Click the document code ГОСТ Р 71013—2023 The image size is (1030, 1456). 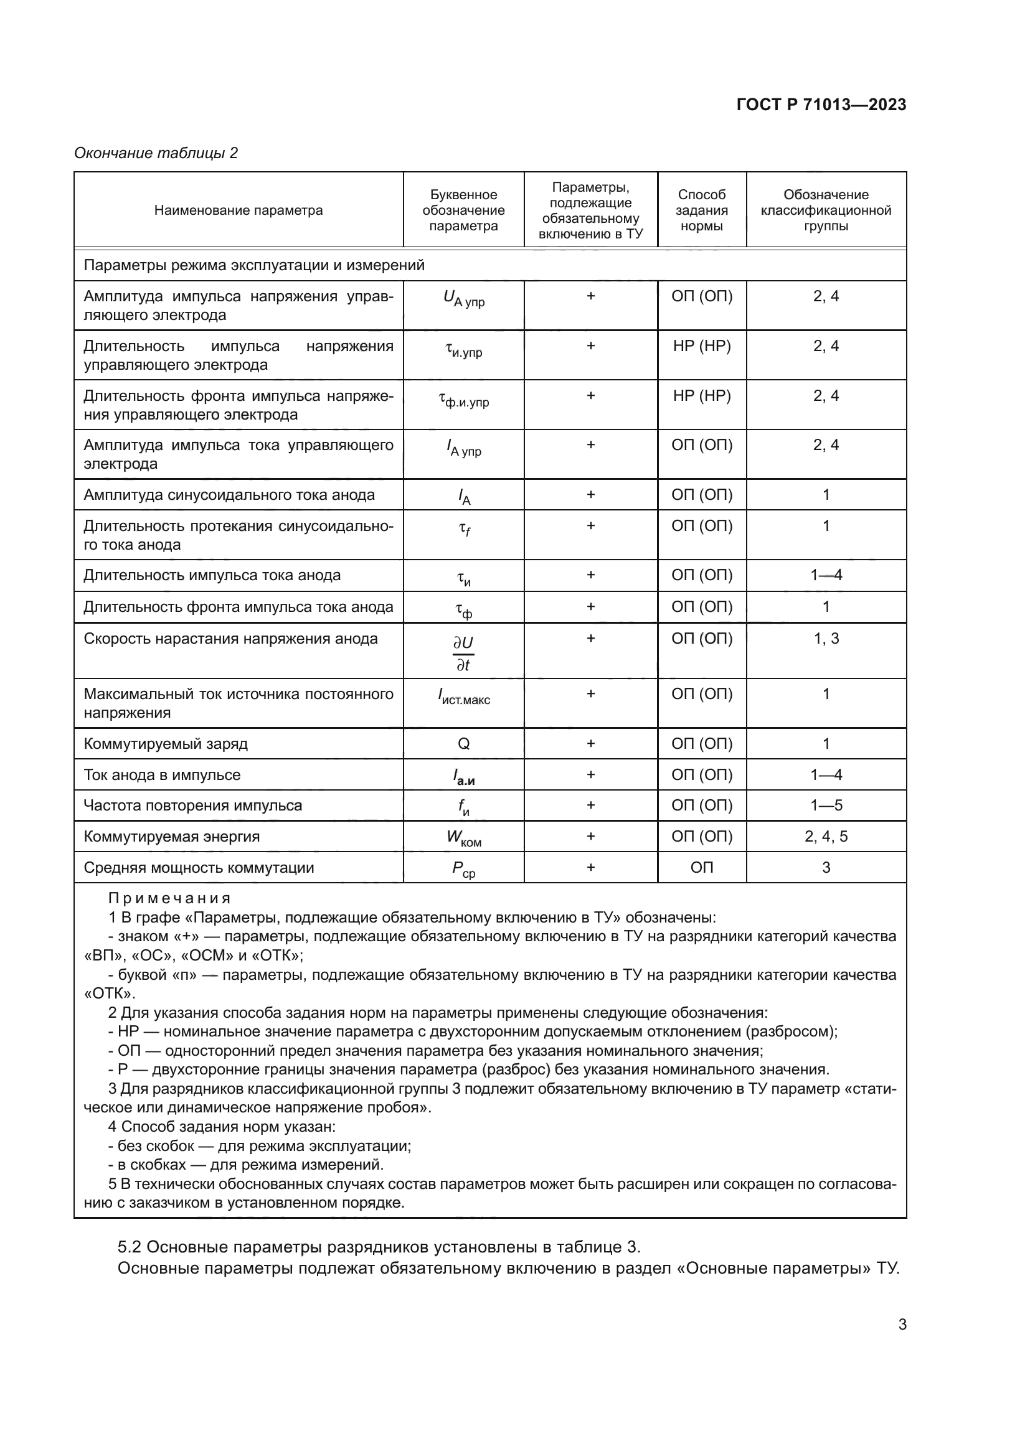821,105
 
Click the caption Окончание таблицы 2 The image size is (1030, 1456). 156,153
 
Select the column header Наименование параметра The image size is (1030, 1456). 239,210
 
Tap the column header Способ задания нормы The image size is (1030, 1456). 701,210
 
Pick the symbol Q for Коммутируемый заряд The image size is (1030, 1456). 464,743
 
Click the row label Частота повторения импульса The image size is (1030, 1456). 193,805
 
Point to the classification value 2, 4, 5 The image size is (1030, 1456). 826,837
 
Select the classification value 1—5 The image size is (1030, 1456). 826,805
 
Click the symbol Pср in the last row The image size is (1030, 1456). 464,869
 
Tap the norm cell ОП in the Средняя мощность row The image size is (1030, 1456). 701,868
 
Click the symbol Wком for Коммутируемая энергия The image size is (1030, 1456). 464,838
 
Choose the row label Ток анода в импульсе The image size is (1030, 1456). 162,775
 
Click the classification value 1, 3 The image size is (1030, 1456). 826,639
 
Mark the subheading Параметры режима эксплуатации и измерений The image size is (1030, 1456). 253,265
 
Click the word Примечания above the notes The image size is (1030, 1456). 169,898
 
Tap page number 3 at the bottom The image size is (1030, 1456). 902,1324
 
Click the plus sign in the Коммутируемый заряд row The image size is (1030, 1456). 590,743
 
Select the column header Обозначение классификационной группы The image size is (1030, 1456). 826,210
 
